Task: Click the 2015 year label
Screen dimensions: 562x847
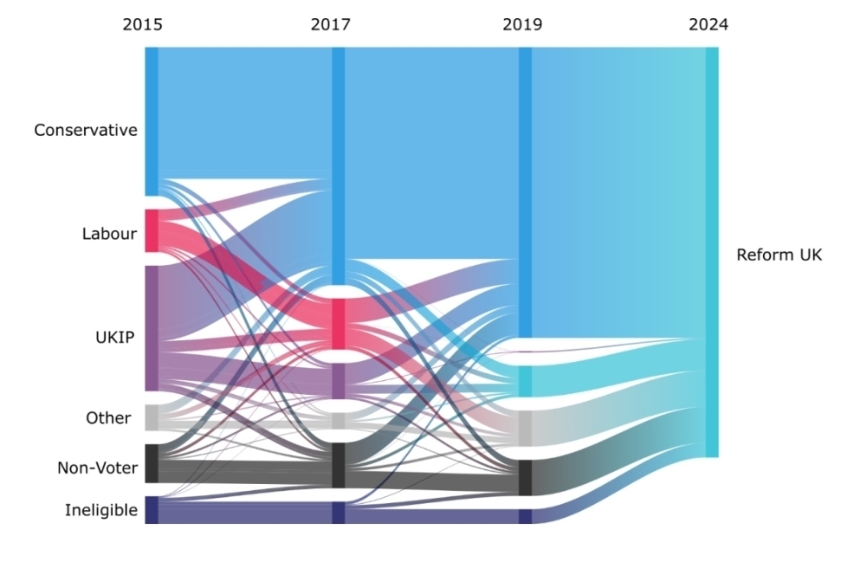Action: (142, 24)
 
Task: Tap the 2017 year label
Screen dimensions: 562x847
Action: (330, 24)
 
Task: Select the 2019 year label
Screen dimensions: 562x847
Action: (522, 24)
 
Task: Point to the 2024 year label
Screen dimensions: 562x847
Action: (708, 24)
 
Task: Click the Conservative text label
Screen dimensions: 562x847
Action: (86, 131)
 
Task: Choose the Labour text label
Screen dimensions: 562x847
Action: (109, 234)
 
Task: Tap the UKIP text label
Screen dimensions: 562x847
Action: (114, 337)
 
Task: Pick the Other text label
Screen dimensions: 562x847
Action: (108, 418)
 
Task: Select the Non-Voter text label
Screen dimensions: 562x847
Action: (97, 468)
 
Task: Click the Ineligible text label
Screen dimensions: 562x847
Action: (101, 511)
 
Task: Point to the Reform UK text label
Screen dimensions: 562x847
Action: (779, 255)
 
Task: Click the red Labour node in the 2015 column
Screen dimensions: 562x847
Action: (152, 230)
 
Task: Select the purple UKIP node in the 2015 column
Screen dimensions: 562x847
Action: (152, 328)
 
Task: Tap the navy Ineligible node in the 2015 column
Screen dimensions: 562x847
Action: (152, 509)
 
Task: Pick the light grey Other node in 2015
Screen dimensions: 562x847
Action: (152, 417)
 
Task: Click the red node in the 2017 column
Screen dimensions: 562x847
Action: (339, 323)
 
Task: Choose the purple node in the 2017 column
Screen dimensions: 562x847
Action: (339, 380)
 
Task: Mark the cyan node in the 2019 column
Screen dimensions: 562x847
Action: (525, 381)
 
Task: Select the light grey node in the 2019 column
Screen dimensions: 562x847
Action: (525, 428)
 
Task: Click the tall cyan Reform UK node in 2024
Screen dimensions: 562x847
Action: (712, 252)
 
